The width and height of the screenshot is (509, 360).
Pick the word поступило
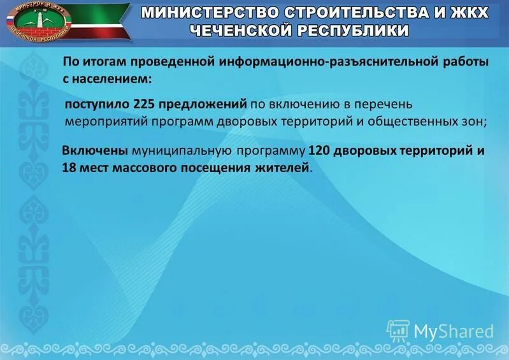click(x=98, y=104)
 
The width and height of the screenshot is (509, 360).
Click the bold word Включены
click(x=95, y=151)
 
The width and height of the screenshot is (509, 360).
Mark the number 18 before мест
click(x=69, y=168)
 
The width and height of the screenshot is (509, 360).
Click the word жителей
click(x=285, y=168)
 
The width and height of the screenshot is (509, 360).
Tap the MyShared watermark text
click(x=454, y=330)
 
